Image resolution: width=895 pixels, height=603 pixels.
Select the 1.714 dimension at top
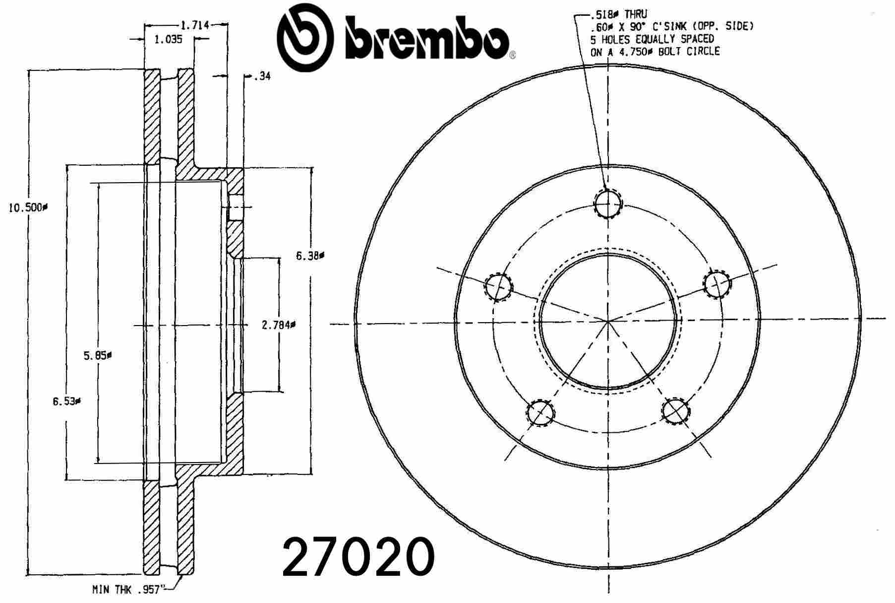click(194, 25)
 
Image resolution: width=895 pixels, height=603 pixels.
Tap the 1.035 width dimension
click(168, 40)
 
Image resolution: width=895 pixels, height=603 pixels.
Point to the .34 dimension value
click(263, 76)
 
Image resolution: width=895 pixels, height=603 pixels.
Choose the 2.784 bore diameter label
click(278, 326)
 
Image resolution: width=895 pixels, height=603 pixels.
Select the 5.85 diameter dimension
click(97, 355)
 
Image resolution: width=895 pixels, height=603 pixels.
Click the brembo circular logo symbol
click(304, 37)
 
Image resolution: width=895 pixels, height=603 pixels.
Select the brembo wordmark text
click(426, 39)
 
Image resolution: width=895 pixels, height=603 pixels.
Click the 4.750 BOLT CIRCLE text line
click(655, 52)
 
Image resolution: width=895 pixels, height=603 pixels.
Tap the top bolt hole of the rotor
click(608, 203)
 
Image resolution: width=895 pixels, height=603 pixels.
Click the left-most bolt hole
click(498, 286)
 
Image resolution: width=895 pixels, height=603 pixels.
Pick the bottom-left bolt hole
click(540, 412)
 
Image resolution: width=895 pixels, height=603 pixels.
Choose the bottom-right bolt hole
click(675, 411)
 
